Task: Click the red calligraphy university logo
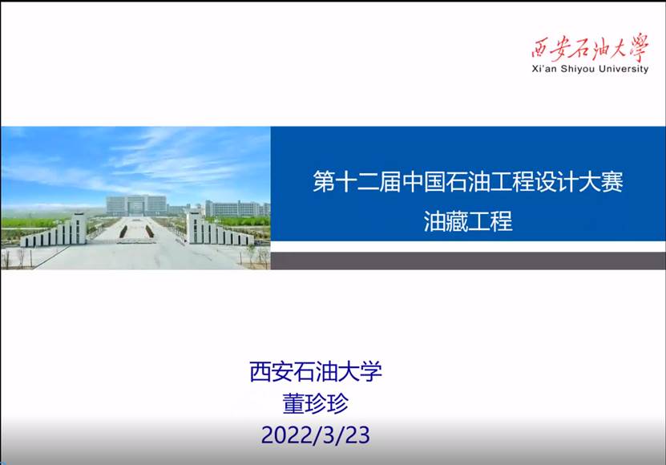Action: coord(590,47)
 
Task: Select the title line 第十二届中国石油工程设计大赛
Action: coord(468,181)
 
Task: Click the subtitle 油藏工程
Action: coord(468,221)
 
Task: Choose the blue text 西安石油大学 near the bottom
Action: coord(316,371)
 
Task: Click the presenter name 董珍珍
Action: coord(316,403)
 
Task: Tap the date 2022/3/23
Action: coord(316,435)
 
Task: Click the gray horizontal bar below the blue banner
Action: coord(468,261)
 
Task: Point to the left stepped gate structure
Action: coord(54,232)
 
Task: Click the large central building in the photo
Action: coord(136,205)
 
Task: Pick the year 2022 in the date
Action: coord(288,435)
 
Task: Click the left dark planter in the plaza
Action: coord(123,231)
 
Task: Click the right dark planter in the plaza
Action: coord(150,231)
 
